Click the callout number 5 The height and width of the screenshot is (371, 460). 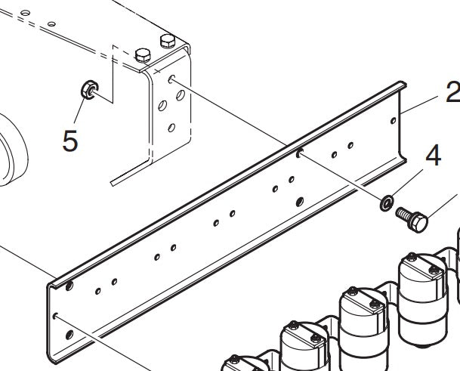point(70,141)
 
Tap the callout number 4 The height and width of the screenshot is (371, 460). point(433,155)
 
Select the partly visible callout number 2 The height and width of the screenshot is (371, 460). point(453,91)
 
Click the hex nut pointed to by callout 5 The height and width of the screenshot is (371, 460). point(89,89)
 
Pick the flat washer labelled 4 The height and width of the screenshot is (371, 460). point(387,203)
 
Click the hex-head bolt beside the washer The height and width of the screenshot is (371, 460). point(412,219)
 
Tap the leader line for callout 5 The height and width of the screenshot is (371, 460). point(79,111)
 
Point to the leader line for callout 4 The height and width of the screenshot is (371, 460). point(407,183)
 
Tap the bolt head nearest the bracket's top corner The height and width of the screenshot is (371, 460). point(168,41)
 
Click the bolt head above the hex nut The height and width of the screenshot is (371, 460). point(143,55)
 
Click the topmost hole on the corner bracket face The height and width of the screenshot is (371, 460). point(171,79)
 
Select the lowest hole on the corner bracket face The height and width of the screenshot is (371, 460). point(171,128)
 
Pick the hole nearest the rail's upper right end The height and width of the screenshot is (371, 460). point(394,120)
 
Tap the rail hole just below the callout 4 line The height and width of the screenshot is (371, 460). point(300,202)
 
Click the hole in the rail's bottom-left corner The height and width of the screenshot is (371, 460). point(69,335)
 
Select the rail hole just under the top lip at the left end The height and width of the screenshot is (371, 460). point(69,286)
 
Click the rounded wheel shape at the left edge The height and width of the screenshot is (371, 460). point(13,150)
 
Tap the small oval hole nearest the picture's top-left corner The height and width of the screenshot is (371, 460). point(25,13)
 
